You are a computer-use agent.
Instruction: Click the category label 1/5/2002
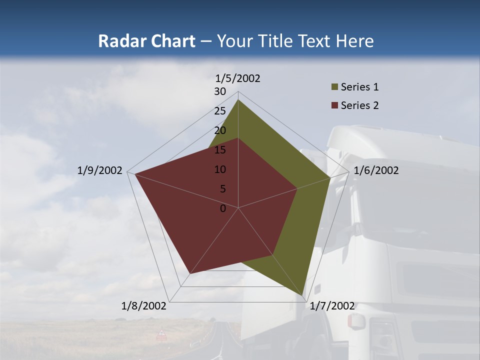pos(238,78)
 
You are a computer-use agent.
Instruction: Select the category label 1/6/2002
pos(376,170)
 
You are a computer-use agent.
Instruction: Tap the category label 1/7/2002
pos(332,306)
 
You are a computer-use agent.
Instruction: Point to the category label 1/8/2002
pos(144,306)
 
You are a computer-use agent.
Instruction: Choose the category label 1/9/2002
pos(100,170)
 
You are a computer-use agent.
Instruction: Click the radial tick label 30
pos(220,91)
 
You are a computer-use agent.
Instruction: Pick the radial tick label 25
pos(220,111)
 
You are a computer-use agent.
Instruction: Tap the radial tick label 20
pos(220,130)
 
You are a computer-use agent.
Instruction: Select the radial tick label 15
pos(220,150)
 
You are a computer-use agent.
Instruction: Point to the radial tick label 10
pos(220,169)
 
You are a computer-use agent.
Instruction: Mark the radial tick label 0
pos(223,208)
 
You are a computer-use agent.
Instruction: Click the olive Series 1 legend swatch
pos(334,87)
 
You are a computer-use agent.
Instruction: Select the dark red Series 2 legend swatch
pos(334,105)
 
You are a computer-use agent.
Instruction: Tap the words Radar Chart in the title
pos(146,41)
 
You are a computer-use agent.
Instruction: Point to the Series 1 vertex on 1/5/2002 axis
pos(238,100)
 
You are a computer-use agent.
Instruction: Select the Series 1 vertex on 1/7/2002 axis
pos(303,295)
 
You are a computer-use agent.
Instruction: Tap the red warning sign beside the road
pos(161,333)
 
